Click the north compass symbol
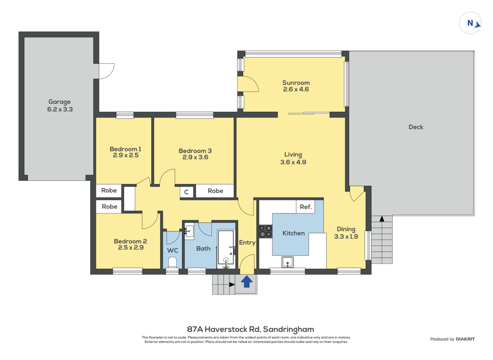tap(470, 23)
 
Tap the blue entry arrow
tap(247, 281)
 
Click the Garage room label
tap(59, 102)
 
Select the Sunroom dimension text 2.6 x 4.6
tap(296, 89)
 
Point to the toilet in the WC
tap(172, 262)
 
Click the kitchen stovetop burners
tap(265, 231)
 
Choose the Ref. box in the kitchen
tap(306, 207)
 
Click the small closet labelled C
tap(186, 192)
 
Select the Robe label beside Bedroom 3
tap(215, 191)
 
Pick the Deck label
tap(415, 127)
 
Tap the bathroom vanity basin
tap(189, 231)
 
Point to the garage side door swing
tap(106, 71)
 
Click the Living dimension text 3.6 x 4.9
tap(293, 162)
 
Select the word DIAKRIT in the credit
tap(466, 339)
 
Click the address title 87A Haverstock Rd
tap(223, 329)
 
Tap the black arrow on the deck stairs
tap(382, 218)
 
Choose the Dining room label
tap(346, 229)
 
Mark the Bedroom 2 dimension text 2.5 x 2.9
tap(131, 248)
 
